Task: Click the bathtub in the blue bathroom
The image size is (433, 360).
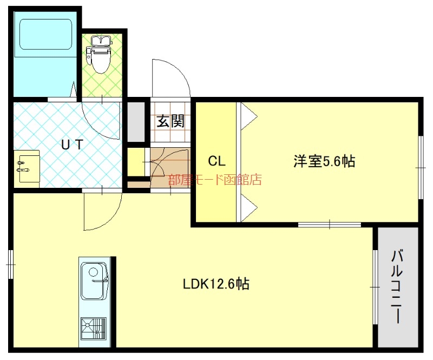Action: click(x=45, y=35)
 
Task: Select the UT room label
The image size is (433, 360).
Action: click(x=72, y=144)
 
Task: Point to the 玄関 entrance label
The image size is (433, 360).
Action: click(x=170, y=121)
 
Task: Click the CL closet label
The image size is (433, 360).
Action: click(x=217, y=161)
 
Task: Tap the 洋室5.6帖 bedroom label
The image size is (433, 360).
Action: click(x=324, y=161)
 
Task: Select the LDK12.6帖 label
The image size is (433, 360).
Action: click(x=216, y=284)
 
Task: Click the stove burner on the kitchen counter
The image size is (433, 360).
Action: click(x=93, y=329)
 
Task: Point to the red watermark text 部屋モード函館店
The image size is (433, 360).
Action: click(x=215, y=180)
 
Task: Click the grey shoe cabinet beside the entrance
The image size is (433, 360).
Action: click(x=136, y=122)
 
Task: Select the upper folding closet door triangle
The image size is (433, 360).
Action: click(x=249, y=116)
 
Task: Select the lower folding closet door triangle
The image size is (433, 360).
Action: click(x=249, y=207)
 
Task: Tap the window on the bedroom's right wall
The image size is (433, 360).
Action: click(x=421, y=168)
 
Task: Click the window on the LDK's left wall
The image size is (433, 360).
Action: click(x=10, y=264)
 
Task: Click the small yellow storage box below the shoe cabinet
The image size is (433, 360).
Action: click(x=136, y=162)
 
